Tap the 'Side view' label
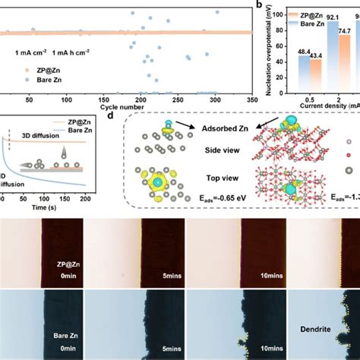tap(216, 152)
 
